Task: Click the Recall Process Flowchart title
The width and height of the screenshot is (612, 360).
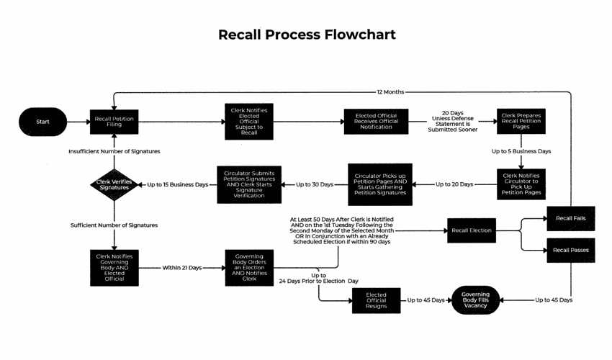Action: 307,35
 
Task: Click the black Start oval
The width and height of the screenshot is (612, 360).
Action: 42,122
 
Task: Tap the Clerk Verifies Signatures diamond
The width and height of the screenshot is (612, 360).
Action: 114,185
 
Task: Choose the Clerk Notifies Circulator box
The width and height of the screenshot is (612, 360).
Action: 521,184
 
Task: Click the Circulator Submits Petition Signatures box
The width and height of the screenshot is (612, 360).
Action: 249,184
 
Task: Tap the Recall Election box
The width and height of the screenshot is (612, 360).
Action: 472,230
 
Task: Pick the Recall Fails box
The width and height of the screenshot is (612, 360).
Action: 571,217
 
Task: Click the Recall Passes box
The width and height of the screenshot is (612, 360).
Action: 571,249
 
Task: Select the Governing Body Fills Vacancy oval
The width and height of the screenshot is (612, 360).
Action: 475,300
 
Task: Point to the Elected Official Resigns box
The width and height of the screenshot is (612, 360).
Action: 376,300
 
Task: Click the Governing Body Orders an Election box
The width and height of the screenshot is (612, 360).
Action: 249,267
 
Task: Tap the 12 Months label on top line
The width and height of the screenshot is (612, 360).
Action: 390,92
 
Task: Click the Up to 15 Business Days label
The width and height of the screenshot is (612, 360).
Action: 177,185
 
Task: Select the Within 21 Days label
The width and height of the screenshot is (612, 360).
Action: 181,267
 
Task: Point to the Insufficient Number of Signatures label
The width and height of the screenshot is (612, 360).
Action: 114,151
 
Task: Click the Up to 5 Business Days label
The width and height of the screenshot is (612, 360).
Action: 521,151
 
